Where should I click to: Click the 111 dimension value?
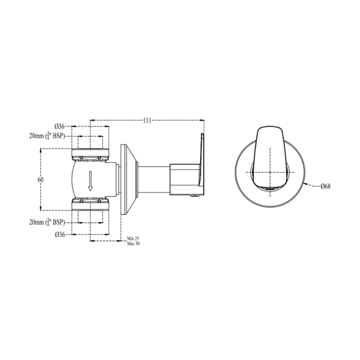point(147,120)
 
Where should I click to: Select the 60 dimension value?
point(41,180)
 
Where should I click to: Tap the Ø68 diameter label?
point(325,186)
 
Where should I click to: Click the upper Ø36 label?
point(60,126)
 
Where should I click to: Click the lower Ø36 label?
point(60,235)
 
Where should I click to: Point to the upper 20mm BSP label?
point(47,136)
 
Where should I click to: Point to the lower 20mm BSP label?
point(47,222)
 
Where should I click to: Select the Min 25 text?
point(133,239)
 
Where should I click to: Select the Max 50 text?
point(133,244)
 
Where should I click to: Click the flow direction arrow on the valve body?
point(90,181)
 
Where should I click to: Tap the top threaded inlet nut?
point(91,154)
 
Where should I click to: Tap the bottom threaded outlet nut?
point(91,204)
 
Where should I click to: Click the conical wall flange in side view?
point(129,179)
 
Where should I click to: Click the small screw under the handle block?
point(193,196)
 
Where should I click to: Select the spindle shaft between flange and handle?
point(153,179)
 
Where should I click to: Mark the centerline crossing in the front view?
point(270,172)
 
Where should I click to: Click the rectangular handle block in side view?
point(184,179)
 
